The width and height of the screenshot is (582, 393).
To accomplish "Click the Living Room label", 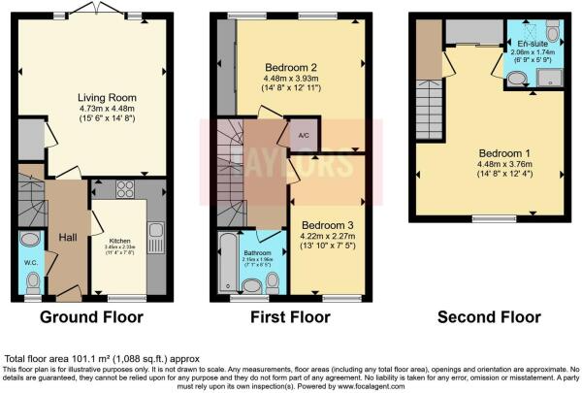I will coord(107,97).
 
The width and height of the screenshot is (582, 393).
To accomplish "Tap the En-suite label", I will coord(532,45).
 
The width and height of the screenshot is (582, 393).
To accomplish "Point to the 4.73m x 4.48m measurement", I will coord(107,109).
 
